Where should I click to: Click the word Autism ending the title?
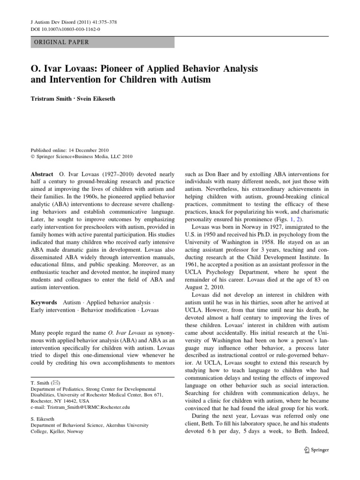coord(195,80)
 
